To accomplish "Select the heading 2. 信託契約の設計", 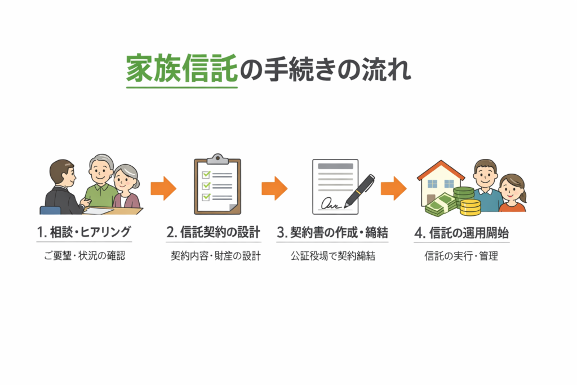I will tap(214, 232).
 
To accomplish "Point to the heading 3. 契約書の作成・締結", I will tap(332, 232).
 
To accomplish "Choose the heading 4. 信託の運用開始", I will tap(461, 232).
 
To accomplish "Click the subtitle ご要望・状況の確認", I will tap(84, 256).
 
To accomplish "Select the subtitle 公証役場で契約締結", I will tap(333, 256).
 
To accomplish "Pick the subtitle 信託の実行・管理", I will tap(461, 256).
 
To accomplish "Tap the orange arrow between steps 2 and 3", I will tap(274, 188).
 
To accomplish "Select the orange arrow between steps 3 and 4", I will tap(394, 188).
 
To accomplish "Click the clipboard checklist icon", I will tap(217, 184).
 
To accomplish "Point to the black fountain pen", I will tap(359, 190).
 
